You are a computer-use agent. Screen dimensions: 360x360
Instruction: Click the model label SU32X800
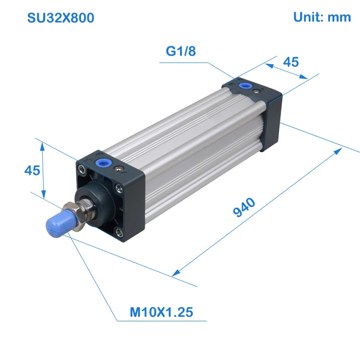pyautogui.click(x=61, y=18)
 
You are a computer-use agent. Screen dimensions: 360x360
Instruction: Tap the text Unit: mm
pyautogui.click(x=322, y=17)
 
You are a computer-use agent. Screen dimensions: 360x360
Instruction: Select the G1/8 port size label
pyautogui.click(x=181, y=51)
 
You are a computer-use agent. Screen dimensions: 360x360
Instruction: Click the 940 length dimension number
pyautogui.click(x=244, y=207)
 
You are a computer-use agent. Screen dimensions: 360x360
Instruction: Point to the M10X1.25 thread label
pyautogui.click(x=162, y=312)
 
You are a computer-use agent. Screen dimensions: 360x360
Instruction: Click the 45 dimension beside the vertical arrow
pyautogui.click(x=32, y=171)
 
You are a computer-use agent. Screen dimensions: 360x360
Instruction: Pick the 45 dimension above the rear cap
pyautogui.click(x=291, y=62)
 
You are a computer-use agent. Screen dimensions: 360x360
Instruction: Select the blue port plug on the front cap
pyautogui.click(x=103, y=163)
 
